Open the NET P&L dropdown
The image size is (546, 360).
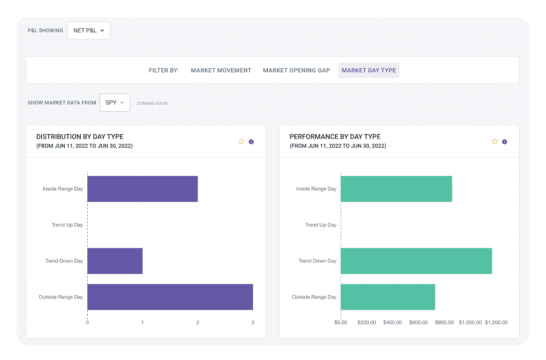point(89,31)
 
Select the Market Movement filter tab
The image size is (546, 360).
point(221,70)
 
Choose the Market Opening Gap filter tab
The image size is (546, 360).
point(296,70)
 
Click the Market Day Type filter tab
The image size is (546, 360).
point(369,70)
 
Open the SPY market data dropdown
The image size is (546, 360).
point(115,103)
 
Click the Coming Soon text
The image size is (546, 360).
point(152,103)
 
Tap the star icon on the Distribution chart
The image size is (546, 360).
point(241,142)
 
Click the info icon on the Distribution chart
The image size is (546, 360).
point(251,142)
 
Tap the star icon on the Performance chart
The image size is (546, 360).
point(494,142)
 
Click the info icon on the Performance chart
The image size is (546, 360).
point(504,142)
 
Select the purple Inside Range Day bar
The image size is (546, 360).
point(142,189)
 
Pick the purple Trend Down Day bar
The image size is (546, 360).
point(115,261)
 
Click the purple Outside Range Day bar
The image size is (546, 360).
point(170,297)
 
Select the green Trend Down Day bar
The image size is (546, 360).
point(416,261)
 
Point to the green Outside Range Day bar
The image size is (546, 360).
point(388,297)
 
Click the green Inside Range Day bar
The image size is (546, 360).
point(396,189)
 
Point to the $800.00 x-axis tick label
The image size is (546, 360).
point(444,322)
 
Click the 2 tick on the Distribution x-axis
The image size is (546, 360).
point(198,322)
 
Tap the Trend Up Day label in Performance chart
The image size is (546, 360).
point(320,225)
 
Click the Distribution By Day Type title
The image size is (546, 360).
point(80,136)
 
